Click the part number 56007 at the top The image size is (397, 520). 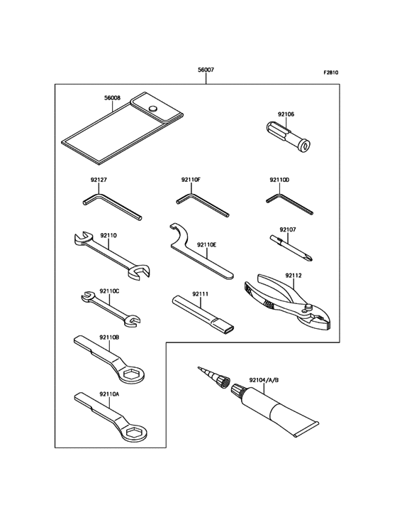(206, 70)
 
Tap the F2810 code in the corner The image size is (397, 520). (330, 72)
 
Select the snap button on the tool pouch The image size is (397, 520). (152, 108)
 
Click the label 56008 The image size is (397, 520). (113, 98)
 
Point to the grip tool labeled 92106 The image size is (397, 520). (289, 135)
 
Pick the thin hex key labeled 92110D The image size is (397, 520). (289, 204)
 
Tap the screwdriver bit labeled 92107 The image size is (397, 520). (291, 248)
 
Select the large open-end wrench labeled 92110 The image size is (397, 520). (112, 254)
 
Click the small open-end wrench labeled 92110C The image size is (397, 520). (111, 307)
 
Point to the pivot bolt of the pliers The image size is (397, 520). (309, 307)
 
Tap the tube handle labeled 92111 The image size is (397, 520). (203, 314)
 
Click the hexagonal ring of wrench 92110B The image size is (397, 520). (132, 375)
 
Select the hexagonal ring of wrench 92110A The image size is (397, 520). (134, 433)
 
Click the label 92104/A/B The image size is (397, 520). (264, 380)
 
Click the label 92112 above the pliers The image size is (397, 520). (293, 275)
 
